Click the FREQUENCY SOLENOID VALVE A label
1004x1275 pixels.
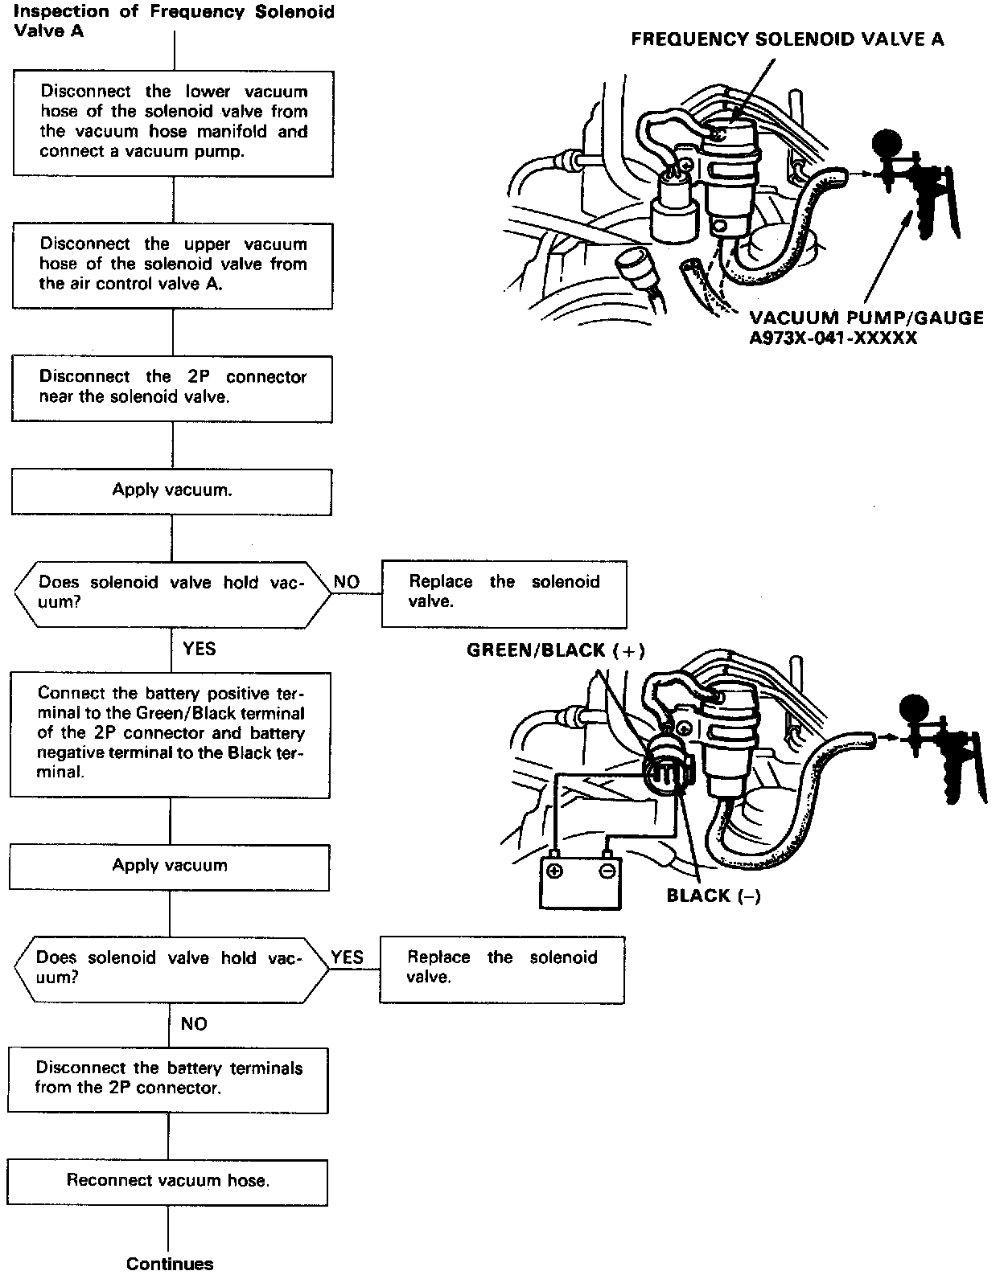787,39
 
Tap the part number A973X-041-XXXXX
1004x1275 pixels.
833,338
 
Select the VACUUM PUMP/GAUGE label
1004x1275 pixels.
866,318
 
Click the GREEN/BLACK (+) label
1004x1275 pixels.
556,651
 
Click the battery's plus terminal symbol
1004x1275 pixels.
554,871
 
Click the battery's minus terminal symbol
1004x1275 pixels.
608,871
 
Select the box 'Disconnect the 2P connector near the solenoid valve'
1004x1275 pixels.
172,387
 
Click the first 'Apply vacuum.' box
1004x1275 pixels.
171,491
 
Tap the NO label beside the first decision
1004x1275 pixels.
347,582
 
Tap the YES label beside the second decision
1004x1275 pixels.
347,957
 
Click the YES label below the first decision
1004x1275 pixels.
199,649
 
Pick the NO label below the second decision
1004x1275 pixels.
194,1024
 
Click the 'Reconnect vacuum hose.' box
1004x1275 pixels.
167,1181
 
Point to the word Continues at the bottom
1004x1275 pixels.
170,1264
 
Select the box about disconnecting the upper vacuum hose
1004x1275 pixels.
173,264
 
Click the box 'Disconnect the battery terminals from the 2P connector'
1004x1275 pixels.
168,1079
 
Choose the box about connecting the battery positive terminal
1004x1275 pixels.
171,734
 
